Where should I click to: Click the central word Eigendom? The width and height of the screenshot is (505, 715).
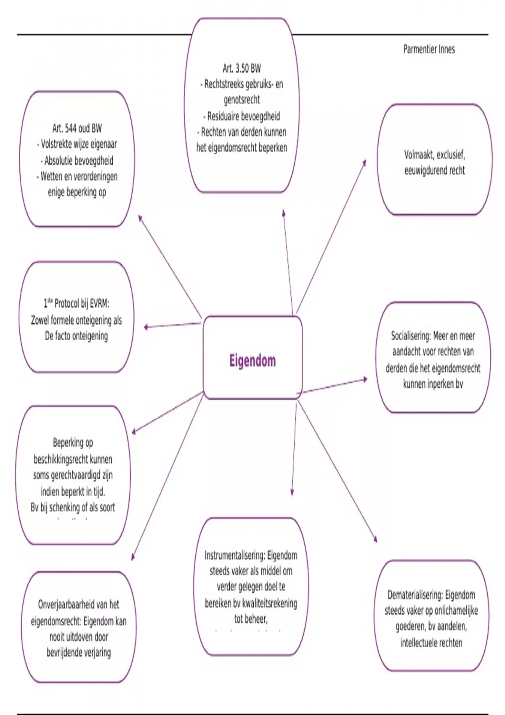252,361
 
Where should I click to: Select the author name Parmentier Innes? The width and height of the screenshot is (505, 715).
429,50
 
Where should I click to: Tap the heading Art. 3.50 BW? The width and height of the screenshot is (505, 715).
242,68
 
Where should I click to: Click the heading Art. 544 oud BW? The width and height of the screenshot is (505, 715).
77,128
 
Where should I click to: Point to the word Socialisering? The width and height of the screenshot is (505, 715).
410,336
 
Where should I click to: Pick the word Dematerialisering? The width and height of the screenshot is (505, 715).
415,595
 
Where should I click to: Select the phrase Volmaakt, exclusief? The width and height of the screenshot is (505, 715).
434,155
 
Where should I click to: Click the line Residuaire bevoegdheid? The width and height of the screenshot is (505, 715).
243,116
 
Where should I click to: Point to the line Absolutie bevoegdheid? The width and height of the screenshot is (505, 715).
79,161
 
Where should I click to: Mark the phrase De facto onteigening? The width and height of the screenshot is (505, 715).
77,336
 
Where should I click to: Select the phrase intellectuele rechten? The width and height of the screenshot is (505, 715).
431,643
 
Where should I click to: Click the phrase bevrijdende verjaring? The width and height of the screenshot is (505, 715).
79,653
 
